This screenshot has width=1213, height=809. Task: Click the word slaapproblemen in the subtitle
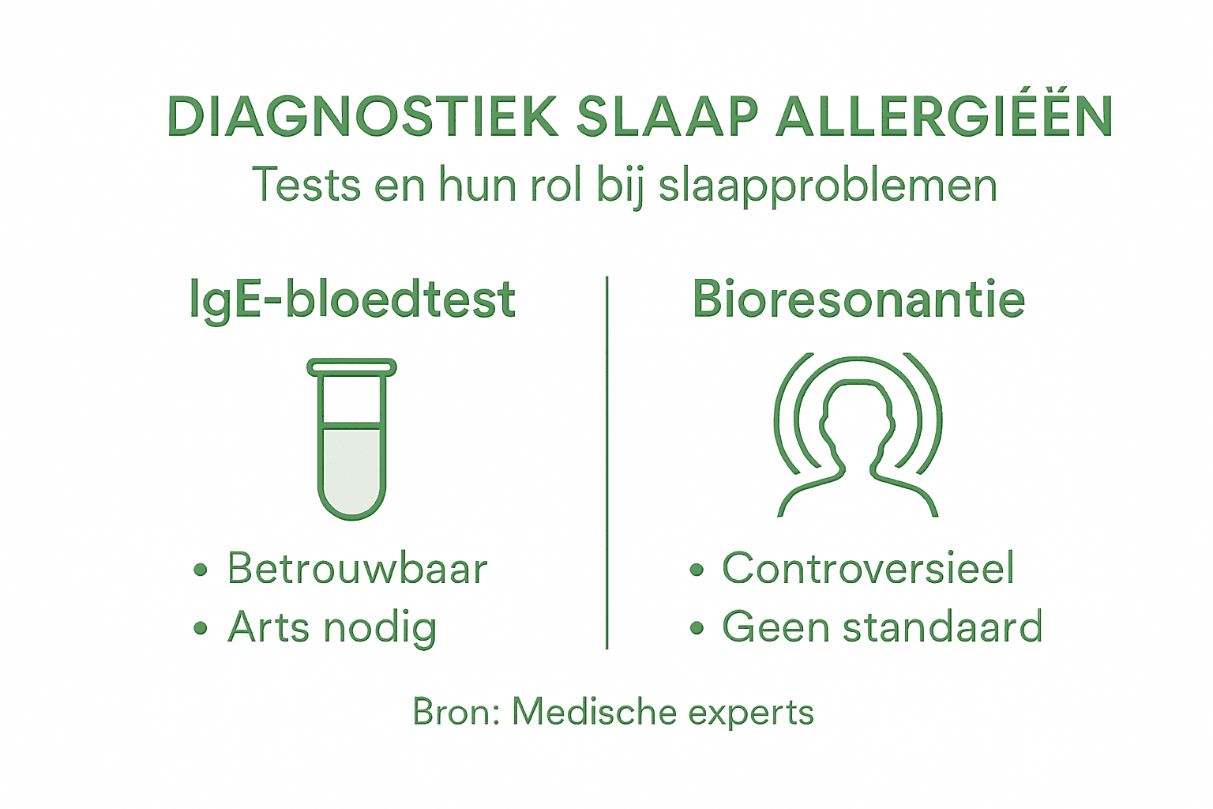pos(828,186)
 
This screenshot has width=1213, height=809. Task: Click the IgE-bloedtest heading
pos(352,301)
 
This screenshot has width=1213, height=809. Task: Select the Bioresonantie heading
pos(858,300)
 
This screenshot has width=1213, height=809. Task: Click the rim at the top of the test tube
pos(352,367)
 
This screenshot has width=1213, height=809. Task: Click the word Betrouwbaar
pos(357,569)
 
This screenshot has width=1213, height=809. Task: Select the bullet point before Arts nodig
pos(201,629)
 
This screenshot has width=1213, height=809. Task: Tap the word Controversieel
pos(868,569)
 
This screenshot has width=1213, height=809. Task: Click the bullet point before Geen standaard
pos(696,629)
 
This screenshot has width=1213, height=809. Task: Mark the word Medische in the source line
pos(595,712)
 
